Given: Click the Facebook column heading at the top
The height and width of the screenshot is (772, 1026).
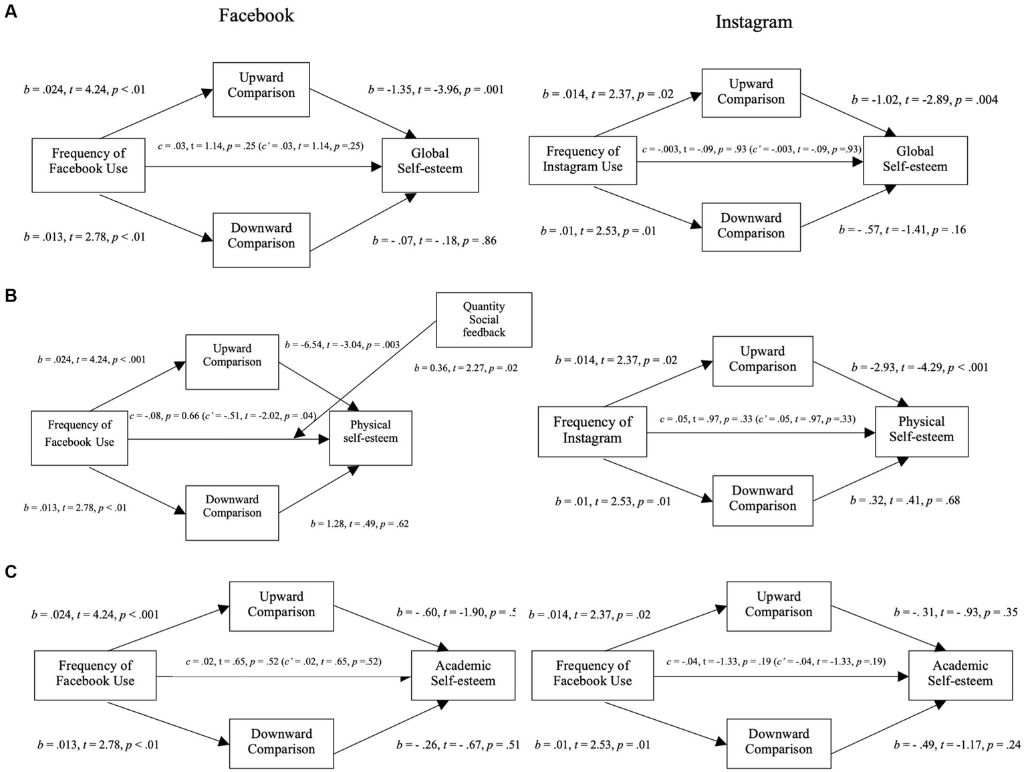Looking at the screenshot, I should point(256,15).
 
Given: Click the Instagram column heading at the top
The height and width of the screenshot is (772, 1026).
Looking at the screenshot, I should point(753,22).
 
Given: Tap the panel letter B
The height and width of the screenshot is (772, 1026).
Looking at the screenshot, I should point(11,295).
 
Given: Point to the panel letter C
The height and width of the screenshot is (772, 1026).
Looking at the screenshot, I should point(11,572).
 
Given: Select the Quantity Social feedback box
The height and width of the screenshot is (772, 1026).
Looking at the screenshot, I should point(484,319).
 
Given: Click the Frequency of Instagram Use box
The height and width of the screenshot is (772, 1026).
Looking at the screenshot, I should point(582,160).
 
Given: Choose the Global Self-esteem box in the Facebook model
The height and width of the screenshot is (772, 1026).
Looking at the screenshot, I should point(430,161).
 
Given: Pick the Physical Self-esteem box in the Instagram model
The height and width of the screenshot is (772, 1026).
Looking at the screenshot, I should point(921,430).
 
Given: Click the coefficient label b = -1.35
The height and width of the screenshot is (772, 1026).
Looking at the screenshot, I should point(436,90).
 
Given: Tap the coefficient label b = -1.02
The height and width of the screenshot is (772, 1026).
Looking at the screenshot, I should point(924,100).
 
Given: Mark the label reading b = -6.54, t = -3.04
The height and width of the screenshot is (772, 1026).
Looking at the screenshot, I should point(342,345).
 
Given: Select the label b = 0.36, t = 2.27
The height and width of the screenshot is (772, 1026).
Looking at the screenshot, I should point(465,368).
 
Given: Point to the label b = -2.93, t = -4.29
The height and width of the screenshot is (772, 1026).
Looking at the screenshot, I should point(919,367).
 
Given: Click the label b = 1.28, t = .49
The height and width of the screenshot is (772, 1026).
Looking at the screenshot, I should point(360,523).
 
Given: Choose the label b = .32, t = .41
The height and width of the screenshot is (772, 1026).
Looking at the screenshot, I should point(905,500).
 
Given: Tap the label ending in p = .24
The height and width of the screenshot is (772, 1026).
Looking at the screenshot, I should point(956,745).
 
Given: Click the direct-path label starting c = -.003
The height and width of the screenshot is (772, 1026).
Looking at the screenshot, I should point(751,150).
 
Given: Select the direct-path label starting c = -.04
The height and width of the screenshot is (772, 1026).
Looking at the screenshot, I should point(775,662).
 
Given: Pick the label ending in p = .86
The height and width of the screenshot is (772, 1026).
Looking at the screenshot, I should point(434,241).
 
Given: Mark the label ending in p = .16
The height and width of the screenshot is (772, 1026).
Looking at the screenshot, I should point(902,230).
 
